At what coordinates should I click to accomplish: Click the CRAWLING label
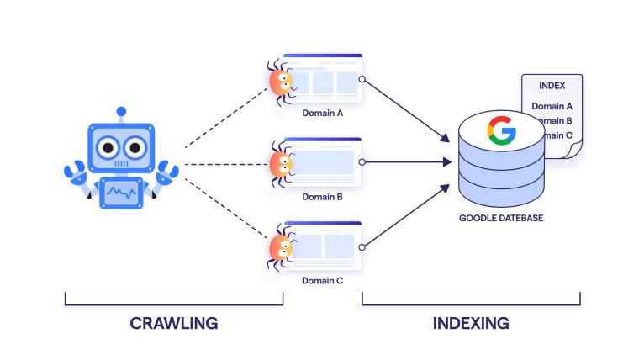click(174, 323)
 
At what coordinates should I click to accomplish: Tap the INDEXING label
click(471, 323)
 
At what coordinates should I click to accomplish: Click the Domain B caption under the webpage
click(322, 197)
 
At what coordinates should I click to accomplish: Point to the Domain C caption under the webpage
click(322, 282)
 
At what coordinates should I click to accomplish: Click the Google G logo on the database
click(501, 131)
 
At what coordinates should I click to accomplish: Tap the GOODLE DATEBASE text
click(501, 219)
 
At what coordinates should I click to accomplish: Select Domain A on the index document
click(552, 106)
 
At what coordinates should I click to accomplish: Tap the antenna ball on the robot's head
click(122, 110)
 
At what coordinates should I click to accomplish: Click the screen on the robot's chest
click(122, 194)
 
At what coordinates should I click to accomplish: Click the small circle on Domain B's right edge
click(362, 162)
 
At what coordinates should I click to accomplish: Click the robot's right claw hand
click(167, 172)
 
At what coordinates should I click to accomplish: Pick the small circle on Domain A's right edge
click(362, 79)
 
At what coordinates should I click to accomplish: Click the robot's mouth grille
click(122, 165)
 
